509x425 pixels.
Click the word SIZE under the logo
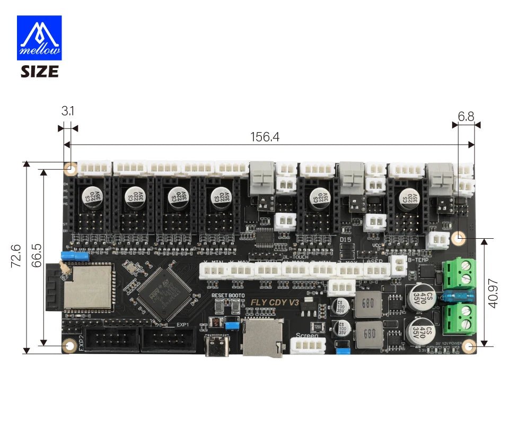click(x=40, y=71)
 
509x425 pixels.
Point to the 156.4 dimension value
click(x=265, y=137)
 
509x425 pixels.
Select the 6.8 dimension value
click(x=466, y=116)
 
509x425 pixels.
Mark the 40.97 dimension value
click(x=493, y=293)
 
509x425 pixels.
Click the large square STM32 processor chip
click(x=164, y=293)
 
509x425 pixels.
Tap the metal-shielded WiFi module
click(x=88, y=287)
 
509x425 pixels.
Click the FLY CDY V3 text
click(x=274, y=303)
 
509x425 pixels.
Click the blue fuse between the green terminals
click(x=452, y=296)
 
